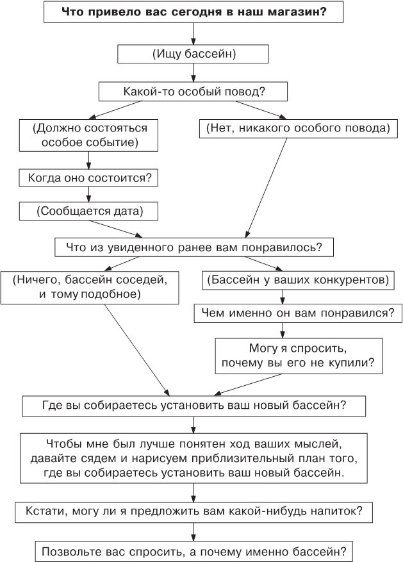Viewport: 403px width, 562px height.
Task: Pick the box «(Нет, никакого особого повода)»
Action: pos(298,128)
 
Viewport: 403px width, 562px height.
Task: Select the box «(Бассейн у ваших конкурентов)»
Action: pos(297,280)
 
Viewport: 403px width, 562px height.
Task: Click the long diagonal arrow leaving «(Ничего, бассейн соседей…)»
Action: pos(138,349)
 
